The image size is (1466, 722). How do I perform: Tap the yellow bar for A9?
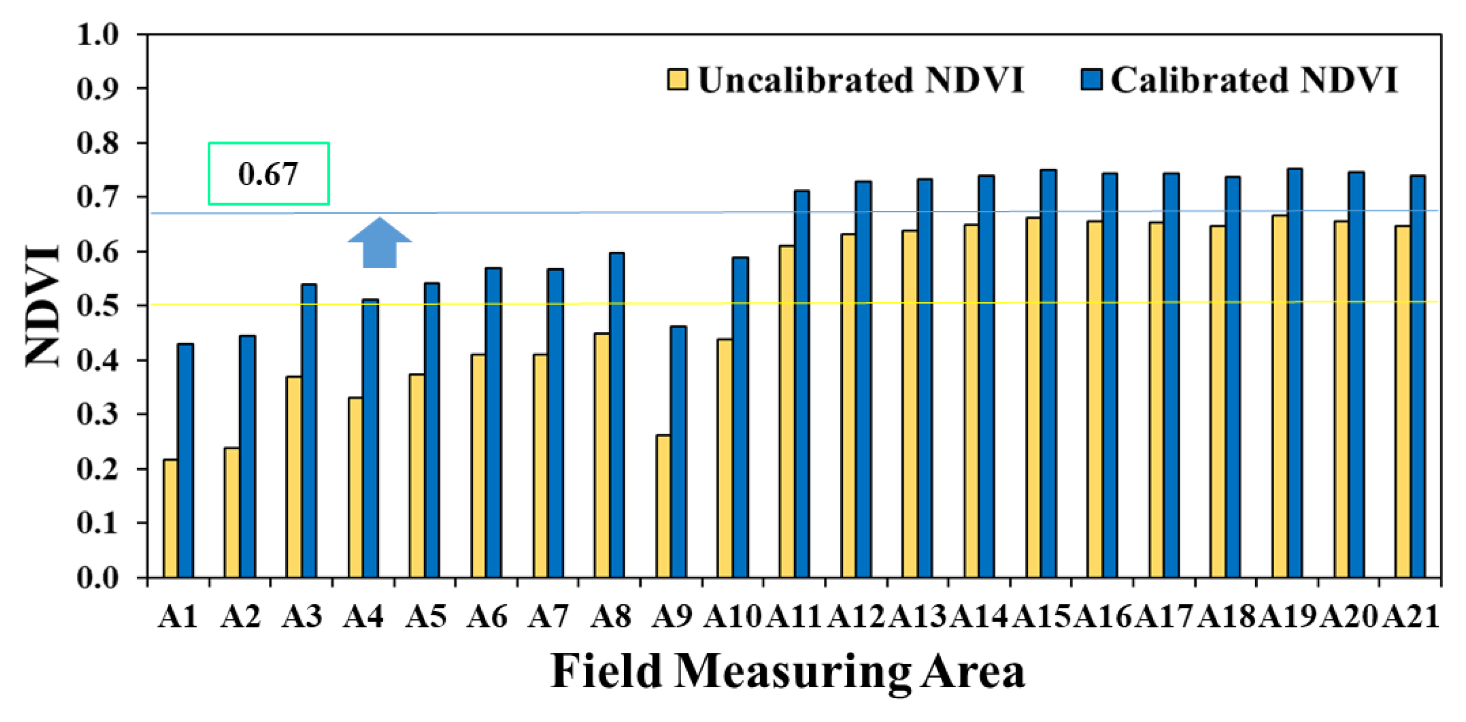pos(663,506)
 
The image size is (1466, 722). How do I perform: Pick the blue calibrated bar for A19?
pos(1295,373)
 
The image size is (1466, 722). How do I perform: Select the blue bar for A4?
pos(370,437)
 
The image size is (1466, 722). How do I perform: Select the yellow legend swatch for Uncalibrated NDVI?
pos(677,79)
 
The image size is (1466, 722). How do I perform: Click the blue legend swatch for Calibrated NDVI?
pos(1091,79)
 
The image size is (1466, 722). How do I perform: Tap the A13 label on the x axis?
pos(917,616)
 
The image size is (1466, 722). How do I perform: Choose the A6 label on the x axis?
pos(487,616)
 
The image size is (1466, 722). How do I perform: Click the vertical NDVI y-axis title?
pos(43,306)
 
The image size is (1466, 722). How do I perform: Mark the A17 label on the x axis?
pos(1164,616)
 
